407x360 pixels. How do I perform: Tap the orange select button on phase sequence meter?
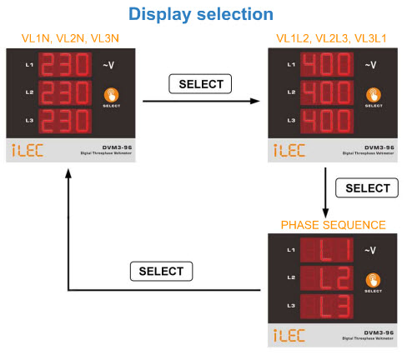tap(373, 278)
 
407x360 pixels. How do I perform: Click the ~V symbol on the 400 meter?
tap(372, 64)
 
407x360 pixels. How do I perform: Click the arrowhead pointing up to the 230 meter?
tap(67, 169)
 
